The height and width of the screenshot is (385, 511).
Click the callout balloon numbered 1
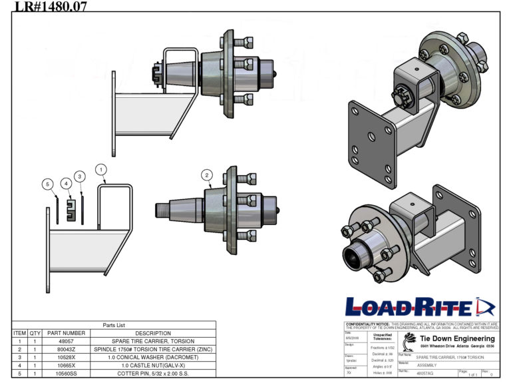pos(100,169)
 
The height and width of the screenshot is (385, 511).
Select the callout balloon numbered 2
pos(207,175)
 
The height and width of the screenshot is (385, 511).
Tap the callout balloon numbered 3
pos(80,176)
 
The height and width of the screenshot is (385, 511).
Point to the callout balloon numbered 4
pos(66,183)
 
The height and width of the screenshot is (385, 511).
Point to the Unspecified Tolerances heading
pos(385,336)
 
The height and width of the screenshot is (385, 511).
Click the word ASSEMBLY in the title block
pos(428,366)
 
